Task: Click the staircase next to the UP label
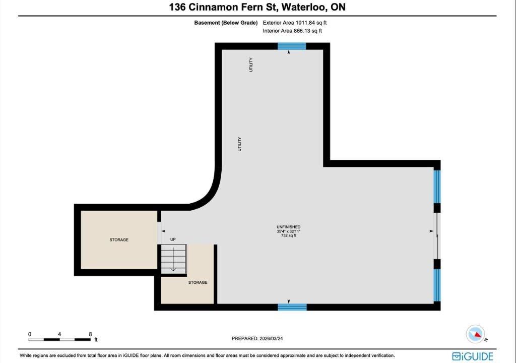click(x=174, y=259)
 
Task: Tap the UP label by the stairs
click(x=173, y=239)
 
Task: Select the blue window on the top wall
click(x=292, y=46)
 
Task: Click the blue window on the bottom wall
click(x=292, y=307)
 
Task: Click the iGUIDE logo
click(x=473, y=356)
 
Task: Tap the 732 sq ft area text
click(x=289, y=235)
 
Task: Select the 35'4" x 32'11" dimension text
click(x=289, y=231)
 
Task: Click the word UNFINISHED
click(x=289, y=227)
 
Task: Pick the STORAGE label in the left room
click(x=119, y=240)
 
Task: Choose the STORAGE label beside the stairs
click(x=198, y=282)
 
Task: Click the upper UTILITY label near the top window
click(x=251, y=65)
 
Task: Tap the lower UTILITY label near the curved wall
click(x=239, y=144)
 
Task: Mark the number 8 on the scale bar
click(x=90, y=334)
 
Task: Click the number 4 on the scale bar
click(x=59, y=334)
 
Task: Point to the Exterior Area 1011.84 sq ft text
click(x=294, y=23)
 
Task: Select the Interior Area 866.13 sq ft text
click(x=292, y=31)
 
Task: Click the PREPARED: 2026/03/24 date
click(x=257, y=338)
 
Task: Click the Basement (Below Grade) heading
click(x=226, y=23)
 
